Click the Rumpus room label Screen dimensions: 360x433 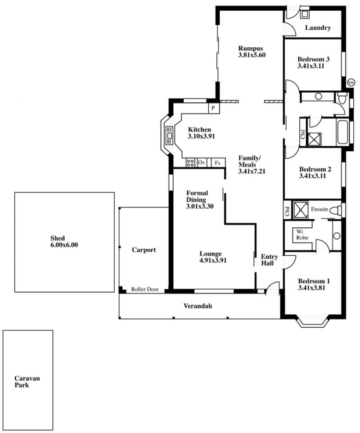251,48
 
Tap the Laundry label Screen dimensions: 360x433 318,27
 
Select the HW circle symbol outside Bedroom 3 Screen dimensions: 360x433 351,82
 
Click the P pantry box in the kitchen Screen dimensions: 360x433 214,108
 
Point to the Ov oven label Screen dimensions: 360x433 202,162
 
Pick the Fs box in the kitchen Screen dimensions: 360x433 218,163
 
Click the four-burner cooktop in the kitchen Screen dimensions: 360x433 190,162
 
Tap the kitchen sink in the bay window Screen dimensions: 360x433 169,136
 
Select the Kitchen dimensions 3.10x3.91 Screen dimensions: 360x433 201,136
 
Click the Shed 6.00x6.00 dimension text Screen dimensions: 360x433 64,245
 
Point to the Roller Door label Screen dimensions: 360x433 144,289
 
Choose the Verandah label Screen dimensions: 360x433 198,306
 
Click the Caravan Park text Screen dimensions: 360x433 27,382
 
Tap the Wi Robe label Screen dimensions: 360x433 302,235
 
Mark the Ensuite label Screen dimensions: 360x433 319,209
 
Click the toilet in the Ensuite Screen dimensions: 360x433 336,211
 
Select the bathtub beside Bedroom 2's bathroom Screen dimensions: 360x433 342,132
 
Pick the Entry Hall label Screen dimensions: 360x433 269,260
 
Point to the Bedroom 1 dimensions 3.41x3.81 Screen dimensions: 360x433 311,288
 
